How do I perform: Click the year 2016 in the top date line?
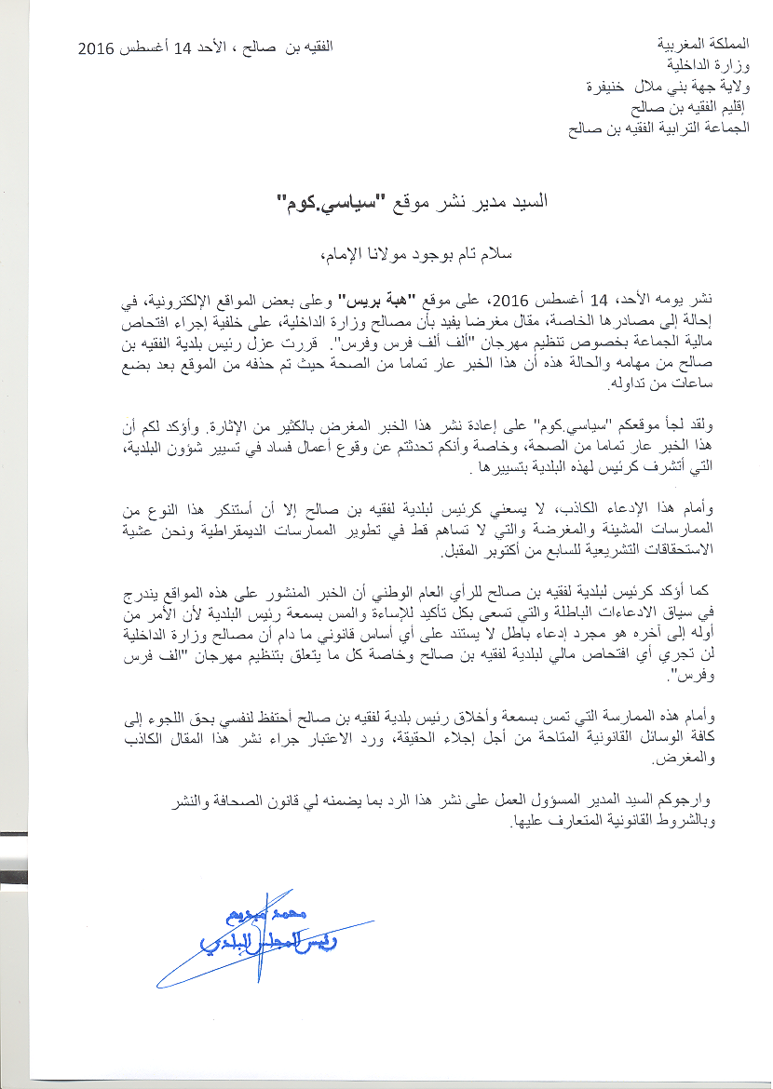pos(95,47)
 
